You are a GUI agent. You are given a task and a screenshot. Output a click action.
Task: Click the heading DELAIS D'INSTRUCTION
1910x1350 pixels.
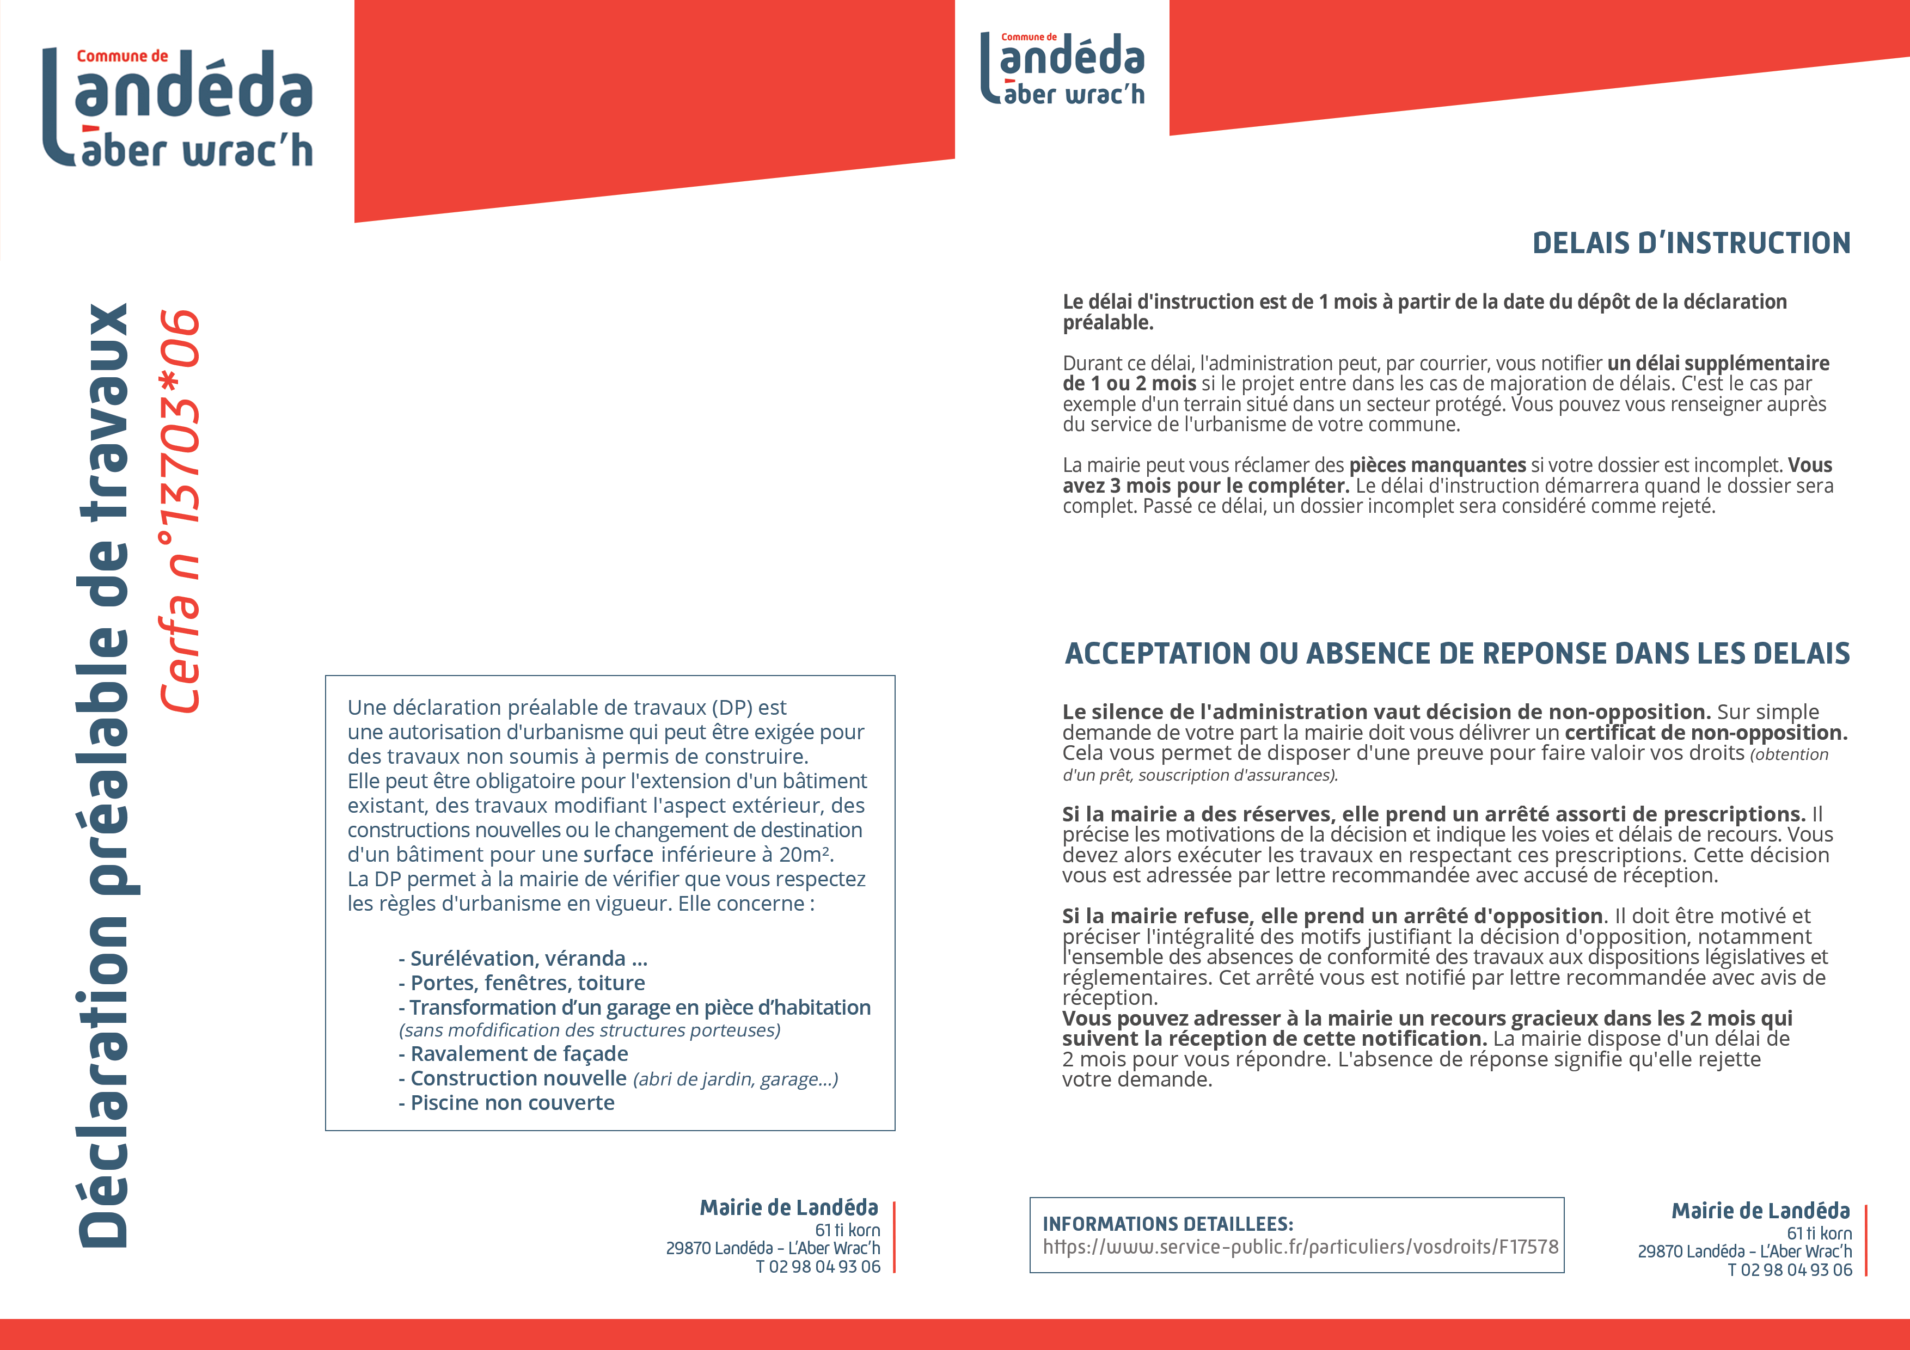1691,243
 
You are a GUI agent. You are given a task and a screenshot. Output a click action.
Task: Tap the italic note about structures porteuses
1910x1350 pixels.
589,1030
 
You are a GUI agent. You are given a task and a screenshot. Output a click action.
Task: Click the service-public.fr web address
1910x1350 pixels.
1300,1247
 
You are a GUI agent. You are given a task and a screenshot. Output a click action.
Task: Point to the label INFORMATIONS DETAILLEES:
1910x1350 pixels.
1167,1224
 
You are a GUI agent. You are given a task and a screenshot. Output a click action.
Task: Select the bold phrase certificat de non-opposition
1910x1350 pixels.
1705,733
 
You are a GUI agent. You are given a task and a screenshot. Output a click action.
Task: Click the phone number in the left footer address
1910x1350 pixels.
818,1267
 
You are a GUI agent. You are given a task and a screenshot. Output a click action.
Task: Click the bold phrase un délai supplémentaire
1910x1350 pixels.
1718,364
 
